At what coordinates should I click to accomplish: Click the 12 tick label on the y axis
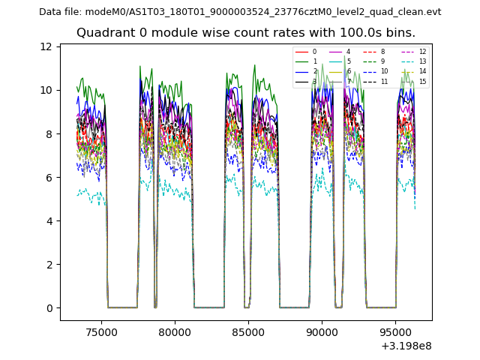click(46, 46)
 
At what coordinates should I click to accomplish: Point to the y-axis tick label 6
click(49, 178)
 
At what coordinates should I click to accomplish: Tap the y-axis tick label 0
click(49, 308)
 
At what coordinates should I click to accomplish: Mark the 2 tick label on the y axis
click(49, 265)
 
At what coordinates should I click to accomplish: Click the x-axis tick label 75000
click(101, 328)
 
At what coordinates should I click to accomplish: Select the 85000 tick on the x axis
click(248, 328)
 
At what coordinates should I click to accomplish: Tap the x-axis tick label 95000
click(395, 328)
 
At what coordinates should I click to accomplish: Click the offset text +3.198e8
click(406, 346)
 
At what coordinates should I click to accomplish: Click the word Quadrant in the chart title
click(103, 33)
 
